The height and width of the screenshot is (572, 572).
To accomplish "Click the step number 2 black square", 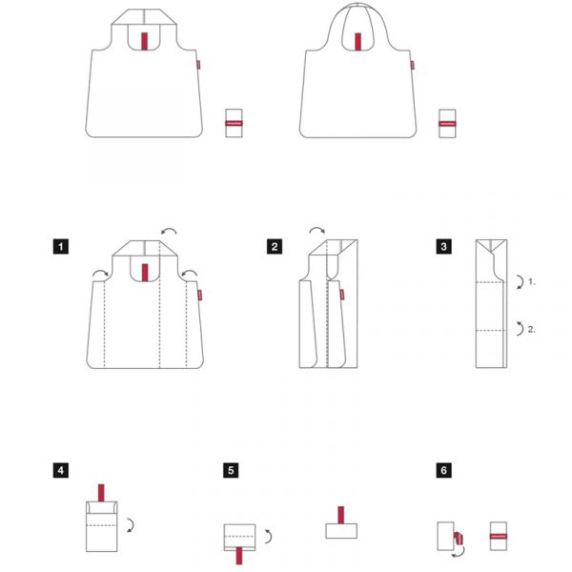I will click(x=275, y=247).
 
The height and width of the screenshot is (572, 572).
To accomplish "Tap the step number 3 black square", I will click(x=444, y=247).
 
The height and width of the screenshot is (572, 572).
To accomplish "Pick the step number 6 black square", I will click(x=444, y=470).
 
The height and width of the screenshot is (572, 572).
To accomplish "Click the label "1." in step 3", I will click(x=532, y=282).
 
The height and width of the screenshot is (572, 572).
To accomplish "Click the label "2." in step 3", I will click(x=532, y=329).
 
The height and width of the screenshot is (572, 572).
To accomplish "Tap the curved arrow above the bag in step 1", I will click(x=168, y=232).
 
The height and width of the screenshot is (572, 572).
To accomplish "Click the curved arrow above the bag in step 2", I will click(x=316, y=233).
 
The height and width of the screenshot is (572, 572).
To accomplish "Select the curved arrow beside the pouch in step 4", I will click(x=130, y=522).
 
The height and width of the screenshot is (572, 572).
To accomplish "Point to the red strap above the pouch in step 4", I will click(x=99, y=492).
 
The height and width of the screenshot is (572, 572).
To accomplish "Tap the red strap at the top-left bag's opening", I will click(x=144, y=41).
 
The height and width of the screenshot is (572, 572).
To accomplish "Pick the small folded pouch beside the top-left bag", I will click(x=234, y=124).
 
